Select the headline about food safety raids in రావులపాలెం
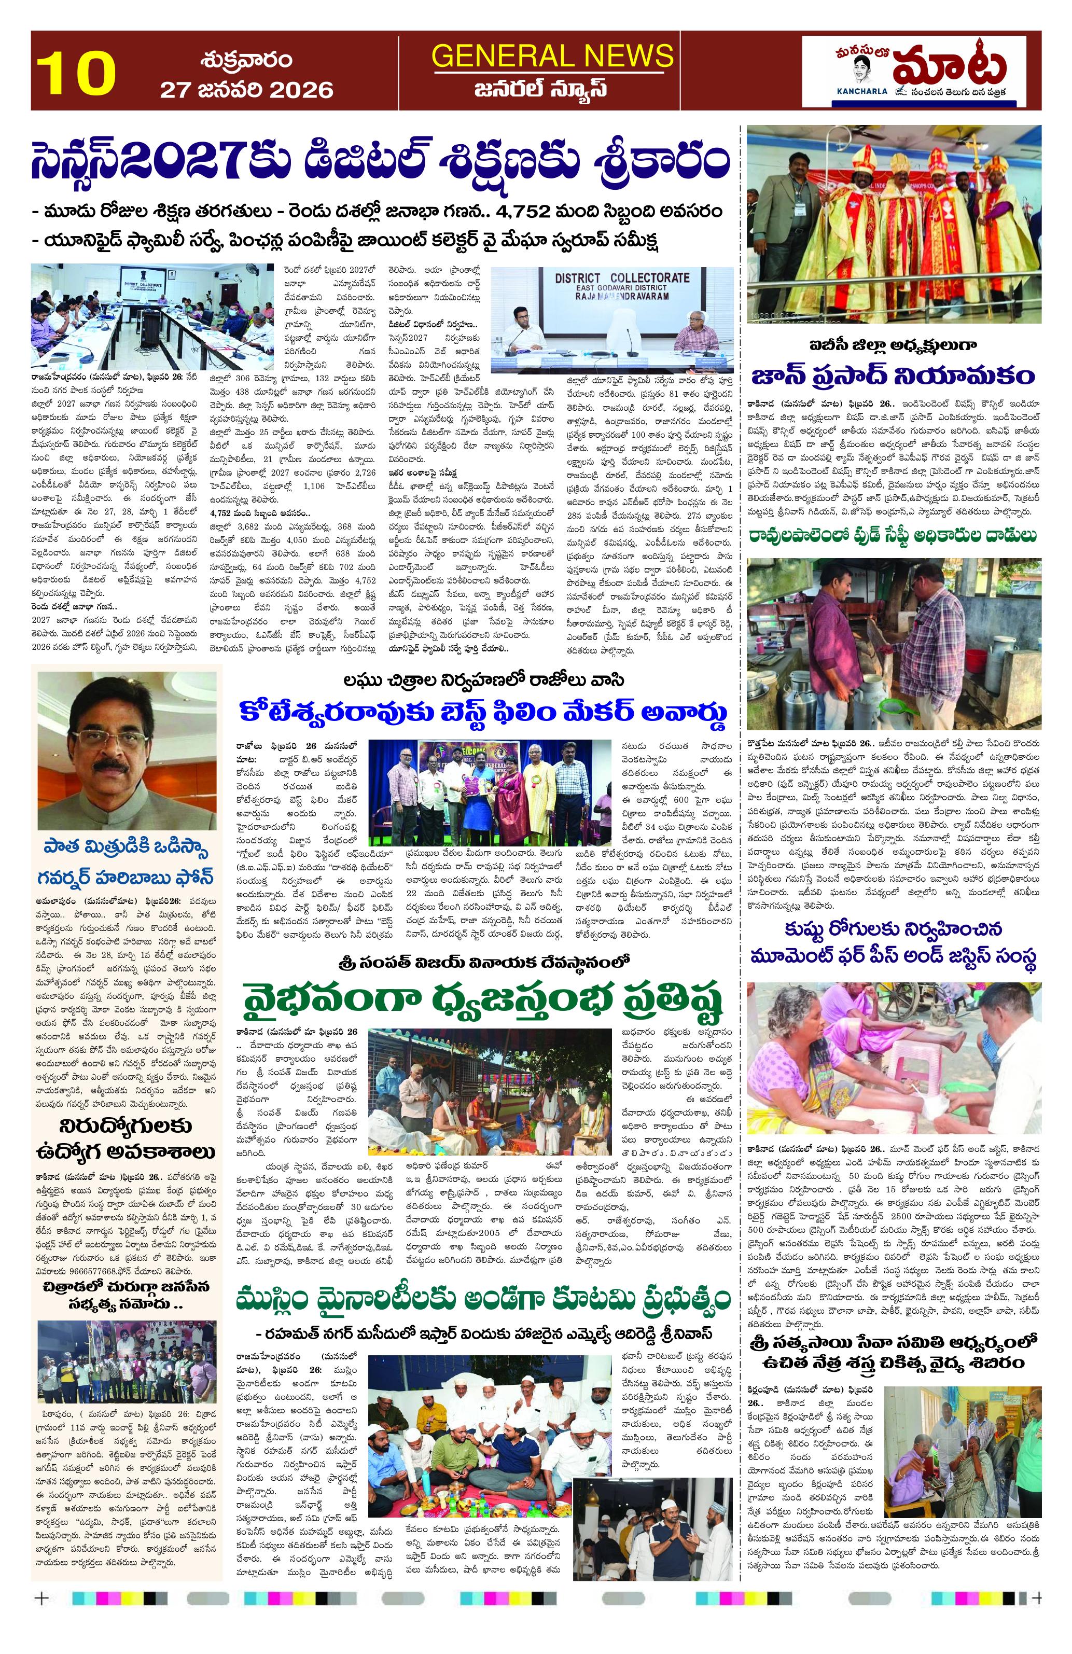click(x=893, y=535)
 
